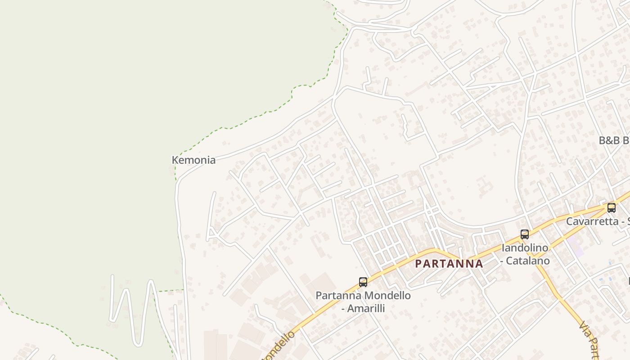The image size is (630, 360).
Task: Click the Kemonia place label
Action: (193, 160)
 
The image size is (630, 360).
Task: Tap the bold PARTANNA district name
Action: (449, 264)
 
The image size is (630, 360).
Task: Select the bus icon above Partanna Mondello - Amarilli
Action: (363, 282)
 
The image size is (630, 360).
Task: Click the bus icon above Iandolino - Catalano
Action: (525, 234)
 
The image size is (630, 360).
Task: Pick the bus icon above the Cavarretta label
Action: (612, 208)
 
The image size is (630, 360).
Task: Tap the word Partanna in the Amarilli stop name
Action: (338, 296)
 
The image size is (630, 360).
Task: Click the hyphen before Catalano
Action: (504, 261)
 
